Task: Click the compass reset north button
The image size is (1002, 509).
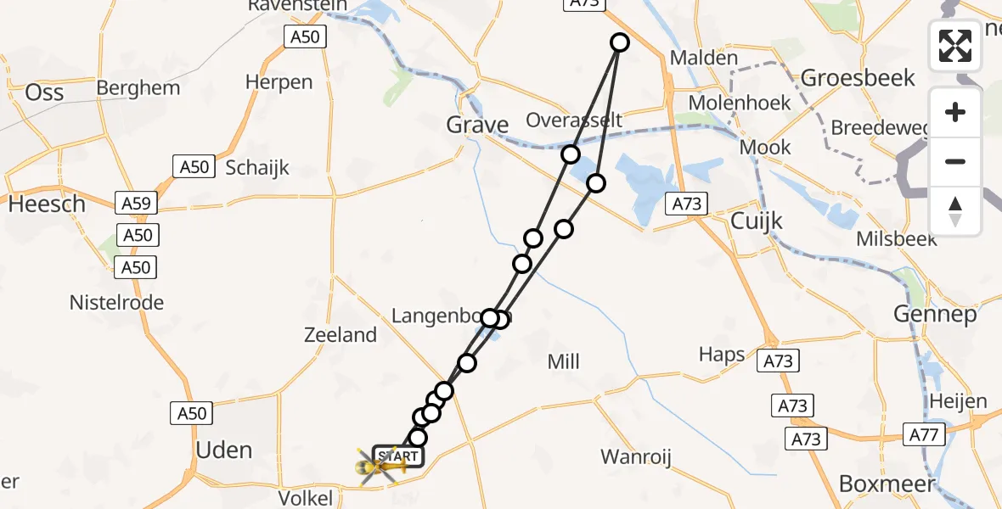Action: point(955,211)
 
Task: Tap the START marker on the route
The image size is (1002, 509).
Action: point(397,456)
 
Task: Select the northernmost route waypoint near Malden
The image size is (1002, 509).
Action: point(620,42)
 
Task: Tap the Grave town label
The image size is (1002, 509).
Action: point(478,126)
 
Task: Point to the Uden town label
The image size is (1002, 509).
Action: point(224,450)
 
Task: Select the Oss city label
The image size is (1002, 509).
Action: point(45,92)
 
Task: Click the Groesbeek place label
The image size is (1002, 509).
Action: point(858,79)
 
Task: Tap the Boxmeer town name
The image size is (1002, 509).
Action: point(887,484)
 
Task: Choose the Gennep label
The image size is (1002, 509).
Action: point(935,315)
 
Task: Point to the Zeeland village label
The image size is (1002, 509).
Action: point(341,335)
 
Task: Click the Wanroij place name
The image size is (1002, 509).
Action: point(636,458)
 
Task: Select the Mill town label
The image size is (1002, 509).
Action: point(563,362)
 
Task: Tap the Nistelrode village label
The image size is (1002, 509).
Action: point(116,303)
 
